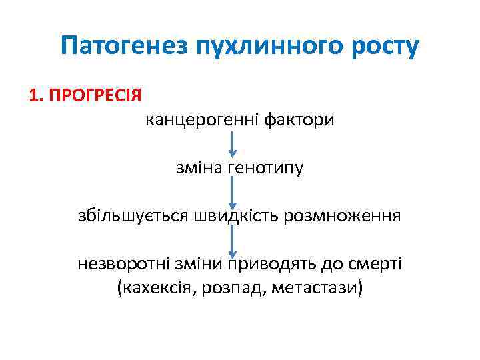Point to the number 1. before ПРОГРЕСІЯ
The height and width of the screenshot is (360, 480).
click(x=36, y=94)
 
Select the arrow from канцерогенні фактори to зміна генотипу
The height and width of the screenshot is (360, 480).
click(x=232, y=145)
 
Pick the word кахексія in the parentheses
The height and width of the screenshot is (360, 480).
click(x=152, y=288)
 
